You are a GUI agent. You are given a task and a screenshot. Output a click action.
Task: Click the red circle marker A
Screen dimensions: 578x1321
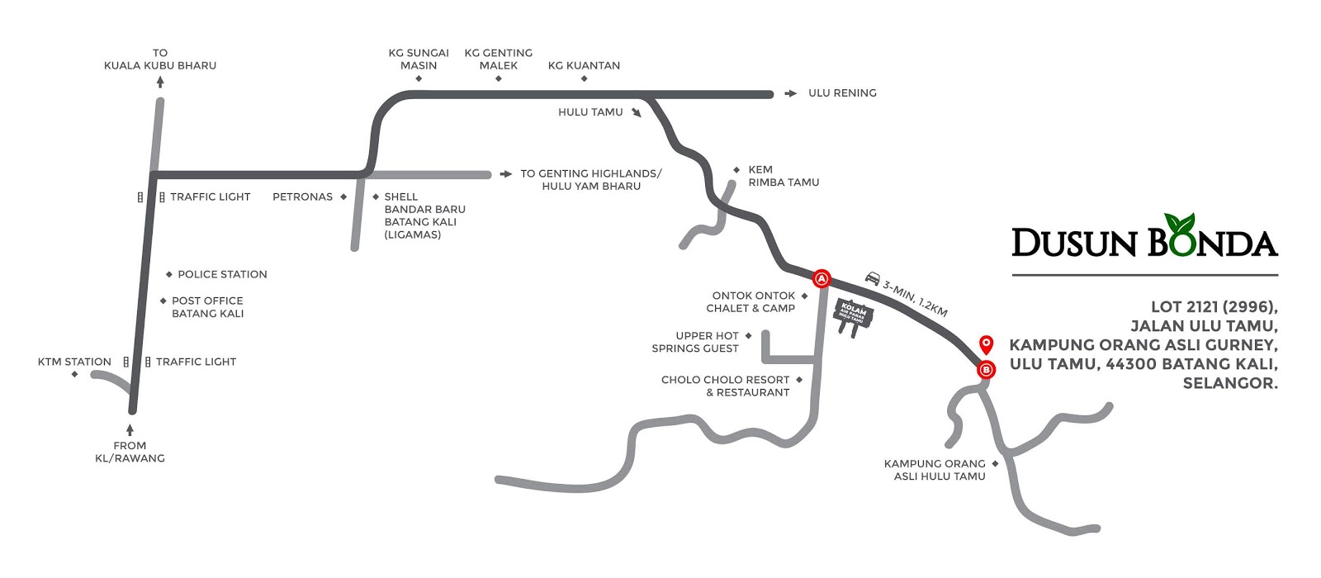pos(821,279)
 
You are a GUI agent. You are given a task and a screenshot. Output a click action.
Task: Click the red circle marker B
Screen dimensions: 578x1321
pos(985,370)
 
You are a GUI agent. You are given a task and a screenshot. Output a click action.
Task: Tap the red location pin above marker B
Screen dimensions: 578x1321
pos(985,344)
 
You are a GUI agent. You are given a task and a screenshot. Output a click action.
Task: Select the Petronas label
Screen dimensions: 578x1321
pos(302,197)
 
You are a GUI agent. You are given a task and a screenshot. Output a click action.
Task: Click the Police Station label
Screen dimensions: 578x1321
pos(222,274)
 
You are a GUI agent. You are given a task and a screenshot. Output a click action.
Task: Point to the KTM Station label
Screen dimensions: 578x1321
pos(74,362)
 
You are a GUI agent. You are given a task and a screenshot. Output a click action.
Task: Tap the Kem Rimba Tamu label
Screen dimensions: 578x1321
pos(783,176)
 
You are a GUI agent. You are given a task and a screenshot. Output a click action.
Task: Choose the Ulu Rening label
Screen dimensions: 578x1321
pos(842,93)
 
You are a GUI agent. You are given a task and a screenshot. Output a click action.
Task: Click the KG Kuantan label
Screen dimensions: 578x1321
pos(584,65)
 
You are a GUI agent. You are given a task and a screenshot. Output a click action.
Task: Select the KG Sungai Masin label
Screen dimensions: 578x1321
pos(419,59)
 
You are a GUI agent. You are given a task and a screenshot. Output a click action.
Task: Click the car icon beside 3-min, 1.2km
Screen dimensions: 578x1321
pos(872,277)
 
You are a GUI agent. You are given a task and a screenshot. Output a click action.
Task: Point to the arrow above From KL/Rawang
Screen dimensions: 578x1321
pos(130,429)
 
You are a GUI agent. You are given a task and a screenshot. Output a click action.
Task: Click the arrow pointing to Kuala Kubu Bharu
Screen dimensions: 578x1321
pos(160,82)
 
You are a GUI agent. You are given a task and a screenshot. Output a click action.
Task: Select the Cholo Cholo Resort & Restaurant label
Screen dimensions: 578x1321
pos(725,386)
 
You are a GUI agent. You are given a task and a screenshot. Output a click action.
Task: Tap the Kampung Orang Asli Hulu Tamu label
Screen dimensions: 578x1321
pos(935,470)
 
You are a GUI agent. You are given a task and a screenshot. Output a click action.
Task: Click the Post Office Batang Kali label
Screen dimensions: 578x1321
pos(207,307)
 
